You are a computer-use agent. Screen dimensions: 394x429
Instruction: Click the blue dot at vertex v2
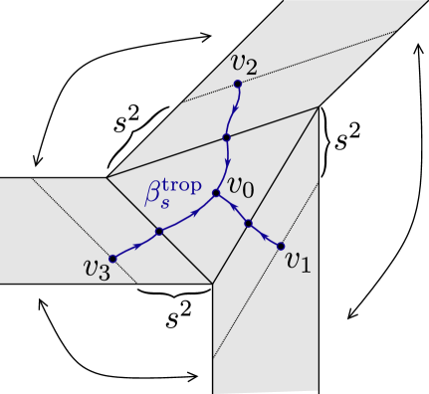point(237,84)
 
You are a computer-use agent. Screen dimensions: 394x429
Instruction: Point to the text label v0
point(242,185)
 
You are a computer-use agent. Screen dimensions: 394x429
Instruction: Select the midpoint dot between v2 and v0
point(227,136)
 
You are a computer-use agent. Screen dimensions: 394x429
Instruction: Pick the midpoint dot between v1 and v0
point(249,224)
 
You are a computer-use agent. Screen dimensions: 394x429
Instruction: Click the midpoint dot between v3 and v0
point(158,231)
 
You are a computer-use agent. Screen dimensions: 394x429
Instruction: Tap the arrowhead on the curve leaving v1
point(265,236)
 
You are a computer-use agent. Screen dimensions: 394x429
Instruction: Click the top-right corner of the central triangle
point(319,106)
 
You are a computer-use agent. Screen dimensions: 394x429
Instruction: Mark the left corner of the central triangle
point(107,178)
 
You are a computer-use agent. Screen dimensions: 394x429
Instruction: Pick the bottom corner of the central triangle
point(213,285)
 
